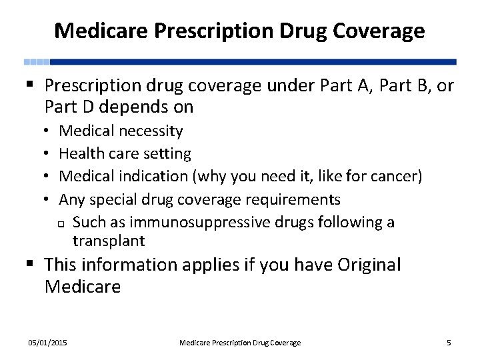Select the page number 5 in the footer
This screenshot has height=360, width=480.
(x=449, y=343)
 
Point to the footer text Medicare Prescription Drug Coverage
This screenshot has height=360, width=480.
(x=240, y=343)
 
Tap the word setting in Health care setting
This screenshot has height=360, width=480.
(x=167, y=154)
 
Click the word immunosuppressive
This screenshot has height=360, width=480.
(x=203, y=222)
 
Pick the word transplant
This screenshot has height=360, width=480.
(x=109, y=241)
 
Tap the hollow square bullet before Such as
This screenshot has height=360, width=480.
(x=61, y=223)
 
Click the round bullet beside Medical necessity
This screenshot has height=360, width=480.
(x=49, y=131)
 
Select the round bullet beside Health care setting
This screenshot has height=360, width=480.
(x=49, y=154)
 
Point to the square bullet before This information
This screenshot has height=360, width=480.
(x=31, y=265)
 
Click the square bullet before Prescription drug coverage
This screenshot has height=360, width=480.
(x=31, y=85)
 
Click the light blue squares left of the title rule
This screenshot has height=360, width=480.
(x=37, y=61)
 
